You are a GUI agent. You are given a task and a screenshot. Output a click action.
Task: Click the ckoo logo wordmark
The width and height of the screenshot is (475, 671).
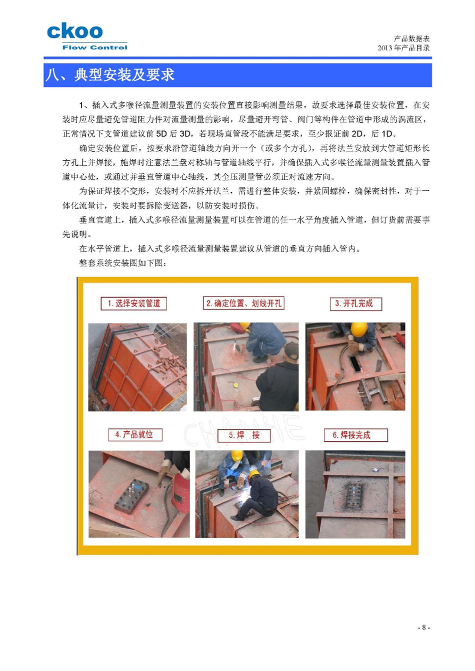point(74,31)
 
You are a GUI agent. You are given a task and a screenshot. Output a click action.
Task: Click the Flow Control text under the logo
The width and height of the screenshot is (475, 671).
point(94,47)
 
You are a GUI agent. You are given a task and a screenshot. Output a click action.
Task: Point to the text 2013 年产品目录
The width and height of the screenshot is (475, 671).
point(403,48)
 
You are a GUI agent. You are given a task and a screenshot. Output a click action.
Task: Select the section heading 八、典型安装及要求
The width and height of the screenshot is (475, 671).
point(109,75)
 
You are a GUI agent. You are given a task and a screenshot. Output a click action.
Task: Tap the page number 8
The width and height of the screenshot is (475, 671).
point(423,627)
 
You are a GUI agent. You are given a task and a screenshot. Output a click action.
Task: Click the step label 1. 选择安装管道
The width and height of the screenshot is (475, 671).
point(133,304)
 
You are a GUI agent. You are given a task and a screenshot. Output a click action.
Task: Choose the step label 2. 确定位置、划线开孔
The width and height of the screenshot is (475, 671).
point(243,303)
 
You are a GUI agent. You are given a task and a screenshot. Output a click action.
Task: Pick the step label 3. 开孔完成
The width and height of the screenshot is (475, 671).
point(355,304)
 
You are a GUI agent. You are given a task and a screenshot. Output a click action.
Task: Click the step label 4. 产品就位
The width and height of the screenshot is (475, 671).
point(135,434)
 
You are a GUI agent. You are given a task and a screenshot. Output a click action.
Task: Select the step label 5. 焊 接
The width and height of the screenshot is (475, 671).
point(244,435)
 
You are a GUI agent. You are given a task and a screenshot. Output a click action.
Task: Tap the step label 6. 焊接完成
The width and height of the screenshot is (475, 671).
point(355,435)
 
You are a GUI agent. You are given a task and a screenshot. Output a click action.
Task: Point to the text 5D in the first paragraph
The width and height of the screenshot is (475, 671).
point(161,134)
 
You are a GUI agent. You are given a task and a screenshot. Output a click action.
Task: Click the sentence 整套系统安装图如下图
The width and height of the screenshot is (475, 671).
point(122,263)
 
